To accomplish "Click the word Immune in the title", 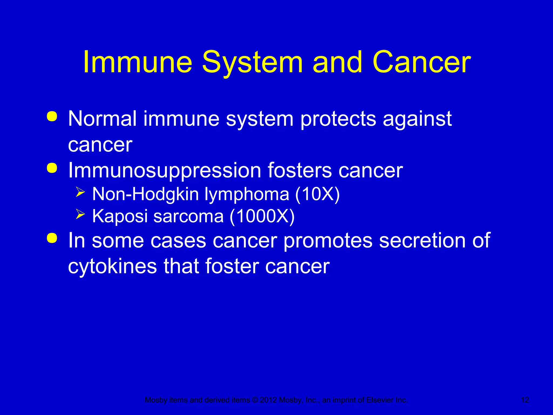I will (x=138, y=62).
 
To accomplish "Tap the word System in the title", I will (x=252, y=62).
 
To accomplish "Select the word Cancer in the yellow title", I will (x=422, y=62).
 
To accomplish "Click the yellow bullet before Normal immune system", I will (x=52, y=116).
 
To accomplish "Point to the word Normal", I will (x=102, y=119).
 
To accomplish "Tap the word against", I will (x=417, y=119).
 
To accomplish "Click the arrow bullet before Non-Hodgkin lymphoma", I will (x=80, y=192).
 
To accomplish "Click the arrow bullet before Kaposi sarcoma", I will (x=80, y=214).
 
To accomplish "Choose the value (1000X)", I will (x=262, y=216).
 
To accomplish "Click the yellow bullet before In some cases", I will (x=52, y=238).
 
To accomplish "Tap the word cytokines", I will (x=112, y=266).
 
